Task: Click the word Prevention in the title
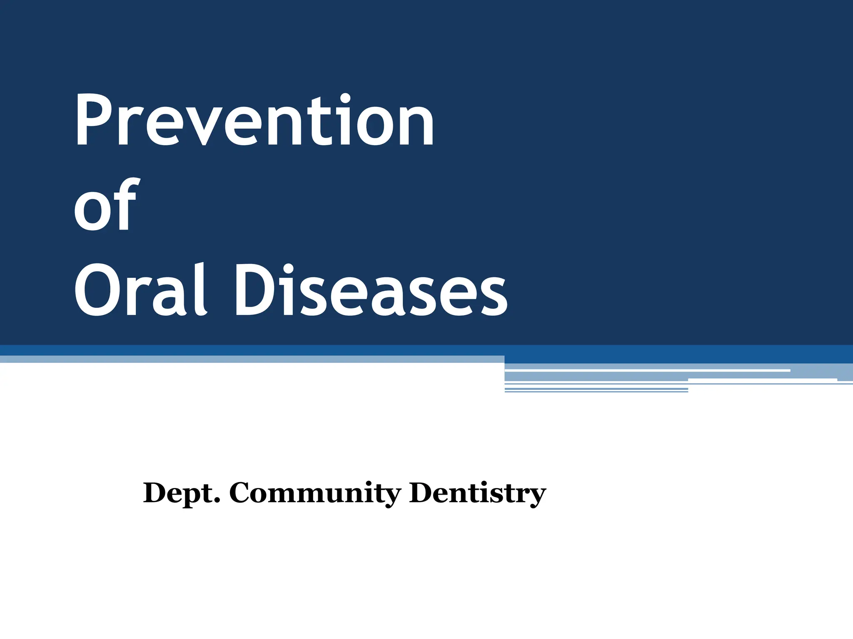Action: point(254,121)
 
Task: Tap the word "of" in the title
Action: point(105,205)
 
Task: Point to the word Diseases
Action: point(371,290)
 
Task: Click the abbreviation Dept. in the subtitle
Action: point(181,493)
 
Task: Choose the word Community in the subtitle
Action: point(315,493)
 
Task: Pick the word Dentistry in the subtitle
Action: point(477,493)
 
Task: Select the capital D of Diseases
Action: point(254,290)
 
